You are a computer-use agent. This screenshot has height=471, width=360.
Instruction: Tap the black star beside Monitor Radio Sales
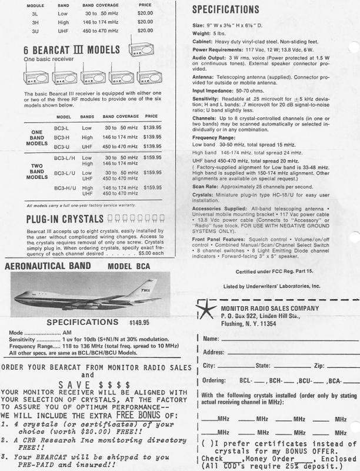click(x=206, y=311)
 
